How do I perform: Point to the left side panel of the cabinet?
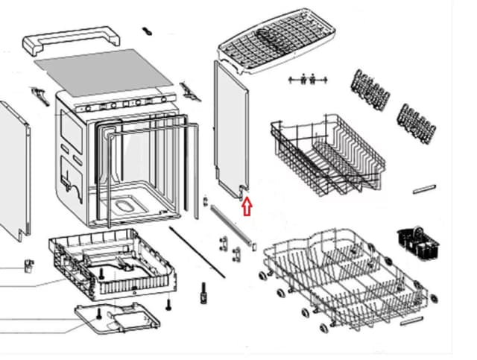pyautogui.click(x=16, y=171)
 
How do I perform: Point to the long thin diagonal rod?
pyautogui.click(x=197, y=253)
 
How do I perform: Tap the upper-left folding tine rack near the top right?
pyautogui.click(x=370, y=89)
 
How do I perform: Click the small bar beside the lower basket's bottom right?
pyautogui.click(x=411, y=321)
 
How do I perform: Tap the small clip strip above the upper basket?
pyautogui.click(x=307, y=78)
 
